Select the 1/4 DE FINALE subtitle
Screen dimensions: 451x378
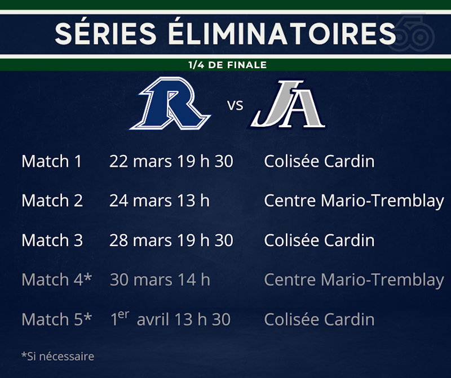tap(228, 65)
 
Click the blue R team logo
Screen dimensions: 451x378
tap(170, 103)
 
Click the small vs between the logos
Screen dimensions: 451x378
tap(235, 105)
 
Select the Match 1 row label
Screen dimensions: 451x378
tap(52, 161)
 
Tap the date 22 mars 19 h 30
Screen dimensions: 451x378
tap(171, 161)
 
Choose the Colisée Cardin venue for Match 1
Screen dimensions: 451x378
tap(319, 161)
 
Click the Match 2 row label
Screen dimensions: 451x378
tap(52, 201)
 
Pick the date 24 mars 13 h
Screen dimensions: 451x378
tap(160, 201)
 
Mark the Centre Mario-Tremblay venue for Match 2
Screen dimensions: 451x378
tap(354, 201)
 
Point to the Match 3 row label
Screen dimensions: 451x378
tap(52, 240)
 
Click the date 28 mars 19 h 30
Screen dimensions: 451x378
tap(171, 240)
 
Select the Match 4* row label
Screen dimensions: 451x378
tap(57, 279)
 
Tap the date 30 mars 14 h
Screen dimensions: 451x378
tap(160, 279)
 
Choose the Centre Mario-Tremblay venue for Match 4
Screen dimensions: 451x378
tap(354, 280)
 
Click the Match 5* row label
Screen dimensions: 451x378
tap(57, 319)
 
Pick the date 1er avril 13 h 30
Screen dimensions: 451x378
tap(170, 318)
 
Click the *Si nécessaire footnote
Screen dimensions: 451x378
tap(58, 357)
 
